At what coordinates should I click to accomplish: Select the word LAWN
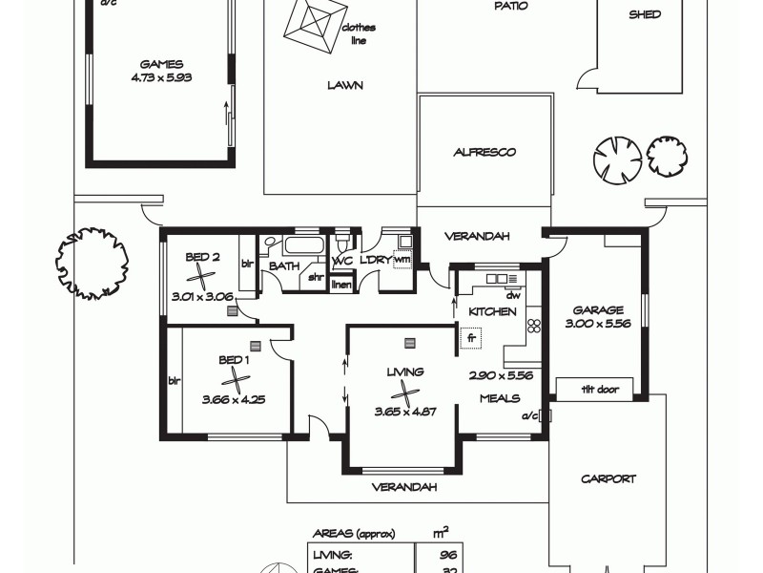coord(344,85)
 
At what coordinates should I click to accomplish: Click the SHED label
coord(645,15)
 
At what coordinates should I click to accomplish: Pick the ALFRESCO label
coord(485,152)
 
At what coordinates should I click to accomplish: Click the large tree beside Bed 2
coord(92,262)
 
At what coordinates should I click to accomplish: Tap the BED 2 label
coord(203,255)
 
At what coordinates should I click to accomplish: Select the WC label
coord(342,261)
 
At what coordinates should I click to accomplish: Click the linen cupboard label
coord(341,284)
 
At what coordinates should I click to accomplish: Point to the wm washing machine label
coord(402,258)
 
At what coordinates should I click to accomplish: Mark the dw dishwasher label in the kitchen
coord(512,296)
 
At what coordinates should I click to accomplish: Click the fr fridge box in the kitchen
coord(472,337)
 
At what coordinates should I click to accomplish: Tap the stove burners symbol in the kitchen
coord(534,326)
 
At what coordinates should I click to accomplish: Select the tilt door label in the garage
coord(599,390)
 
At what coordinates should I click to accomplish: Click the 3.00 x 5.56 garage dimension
coord(598,324)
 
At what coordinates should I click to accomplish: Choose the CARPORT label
coord(608,479)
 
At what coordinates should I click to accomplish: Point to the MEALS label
coord(499,398)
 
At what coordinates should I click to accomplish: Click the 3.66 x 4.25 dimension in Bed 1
coord(233,398)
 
